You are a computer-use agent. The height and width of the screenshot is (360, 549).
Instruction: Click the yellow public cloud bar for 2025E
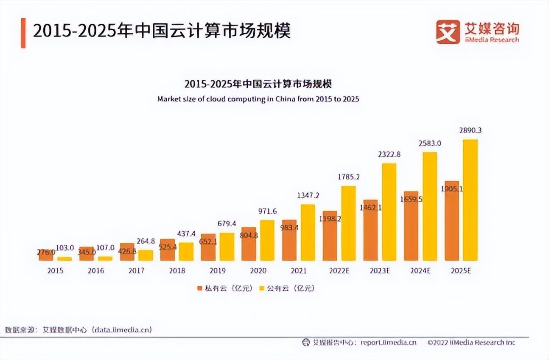point(470,200)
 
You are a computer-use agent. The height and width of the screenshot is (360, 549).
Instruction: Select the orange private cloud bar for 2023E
point(370,230)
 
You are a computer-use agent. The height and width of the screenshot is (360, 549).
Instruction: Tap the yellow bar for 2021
point(308,232)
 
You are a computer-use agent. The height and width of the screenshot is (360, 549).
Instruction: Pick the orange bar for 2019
point(208,247)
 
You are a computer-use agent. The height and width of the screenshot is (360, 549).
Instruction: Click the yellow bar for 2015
point(64,259)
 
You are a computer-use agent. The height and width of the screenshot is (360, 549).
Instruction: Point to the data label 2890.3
point(470,130)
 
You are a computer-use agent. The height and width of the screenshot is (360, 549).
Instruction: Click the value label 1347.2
point(308,195)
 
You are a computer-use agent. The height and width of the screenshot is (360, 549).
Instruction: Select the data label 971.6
point(267,211)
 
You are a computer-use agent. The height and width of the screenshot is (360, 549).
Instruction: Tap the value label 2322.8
point(389,155)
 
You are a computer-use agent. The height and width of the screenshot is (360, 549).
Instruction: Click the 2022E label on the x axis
point(339,270)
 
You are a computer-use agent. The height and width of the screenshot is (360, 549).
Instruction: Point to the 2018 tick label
point(177,270)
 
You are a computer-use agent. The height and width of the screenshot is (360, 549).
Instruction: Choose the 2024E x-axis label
point(420,270)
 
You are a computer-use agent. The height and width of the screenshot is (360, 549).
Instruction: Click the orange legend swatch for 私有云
point(199,288)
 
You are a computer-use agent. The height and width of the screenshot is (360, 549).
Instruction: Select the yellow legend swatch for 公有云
point(261,288)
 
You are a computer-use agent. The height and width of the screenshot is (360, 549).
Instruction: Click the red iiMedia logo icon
point(448,32)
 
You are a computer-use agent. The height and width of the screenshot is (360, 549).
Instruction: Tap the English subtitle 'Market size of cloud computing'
point(258,99)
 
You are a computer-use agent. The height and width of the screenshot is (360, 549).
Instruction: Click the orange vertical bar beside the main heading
point(23,33)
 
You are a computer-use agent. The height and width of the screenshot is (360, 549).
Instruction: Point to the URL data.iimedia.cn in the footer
point(122,329)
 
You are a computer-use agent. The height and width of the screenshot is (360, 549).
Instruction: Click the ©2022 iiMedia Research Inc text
point(471,342)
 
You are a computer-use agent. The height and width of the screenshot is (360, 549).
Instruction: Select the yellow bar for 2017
point(146,255)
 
